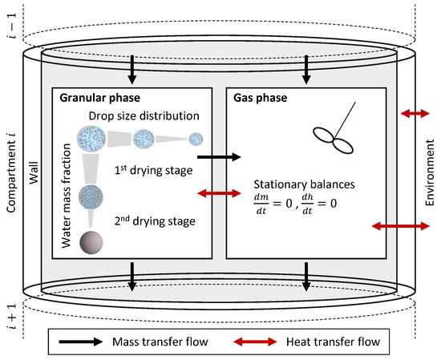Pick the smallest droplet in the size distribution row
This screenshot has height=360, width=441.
(x=196, y=139)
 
